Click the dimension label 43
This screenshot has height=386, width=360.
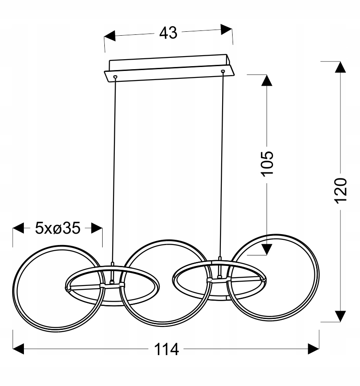(168, 33)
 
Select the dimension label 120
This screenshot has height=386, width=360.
(340, 191)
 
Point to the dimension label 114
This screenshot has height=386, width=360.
(166, 349)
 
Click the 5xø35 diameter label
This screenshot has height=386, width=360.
(58, 228)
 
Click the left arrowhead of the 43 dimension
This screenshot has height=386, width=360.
(110, 36)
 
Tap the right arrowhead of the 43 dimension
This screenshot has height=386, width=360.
(227, 30)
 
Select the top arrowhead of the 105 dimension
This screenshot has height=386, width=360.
(267, 80)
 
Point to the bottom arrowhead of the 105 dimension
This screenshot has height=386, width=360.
(267, 249)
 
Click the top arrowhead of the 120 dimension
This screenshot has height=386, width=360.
(340, 67)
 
